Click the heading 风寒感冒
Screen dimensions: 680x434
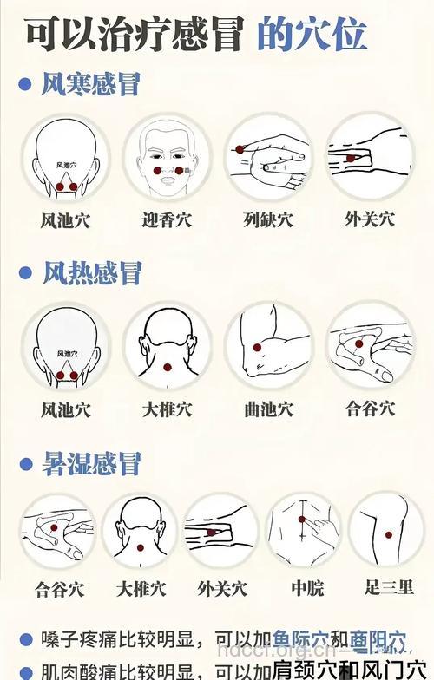[91, 84]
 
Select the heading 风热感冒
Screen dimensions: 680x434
[91, 274]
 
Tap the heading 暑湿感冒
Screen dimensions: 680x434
[91, 464]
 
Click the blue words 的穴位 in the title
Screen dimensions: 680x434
[312, 35]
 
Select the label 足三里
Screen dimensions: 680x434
[389, 589]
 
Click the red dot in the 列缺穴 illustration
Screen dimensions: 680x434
[240, 150]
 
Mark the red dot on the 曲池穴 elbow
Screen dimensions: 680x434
[257, 347]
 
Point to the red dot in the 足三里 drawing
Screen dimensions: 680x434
[388, 534]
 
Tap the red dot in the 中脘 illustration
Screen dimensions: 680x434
[301, 520]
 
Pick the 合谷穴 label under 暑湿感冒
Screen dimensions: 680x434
[60, 590]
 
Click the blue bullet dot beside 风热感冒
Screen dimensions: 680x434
[25, 274]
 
